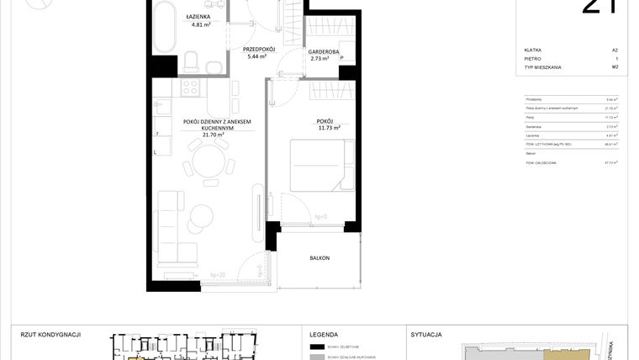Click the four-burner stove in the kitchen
[x=187, y=86]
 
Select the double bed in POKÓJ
[x=317, y=166]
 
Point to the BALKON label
[x=319, y=258]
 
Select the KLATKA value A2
[x=615, y=50]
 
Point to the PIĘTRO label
[x=531, y=59]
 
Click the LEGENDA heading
[x=324, y=334]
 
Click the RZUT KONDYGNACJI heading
[x=50, y=334]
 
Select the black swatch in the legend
[x=317, y=347]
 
